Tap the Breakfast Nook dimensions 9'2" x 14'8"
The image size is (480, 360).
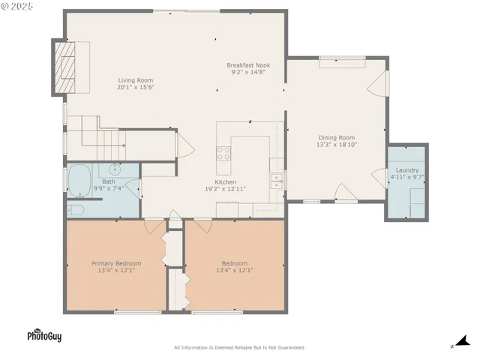pos(248,73)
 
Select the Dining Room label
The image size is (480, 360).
pos(337,137)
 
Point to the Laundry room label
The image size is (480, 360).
pos(407,171)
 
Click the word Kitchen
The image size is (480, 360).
pos(225,182)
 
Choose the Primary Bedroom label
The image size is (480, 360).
pos(116,263)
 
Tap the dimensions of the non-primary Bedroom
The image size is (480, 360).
pos(234,270)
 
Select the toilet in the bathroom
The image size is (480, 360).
pos(76,209)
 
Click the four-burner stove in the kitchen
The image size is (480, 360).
pos(223,153)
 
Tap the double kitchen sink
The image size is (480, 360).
pos(277,179)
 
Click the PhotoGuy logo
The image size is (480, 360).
pos(44,336)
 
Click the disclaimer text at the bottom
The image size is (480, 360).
pos(239,347)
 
